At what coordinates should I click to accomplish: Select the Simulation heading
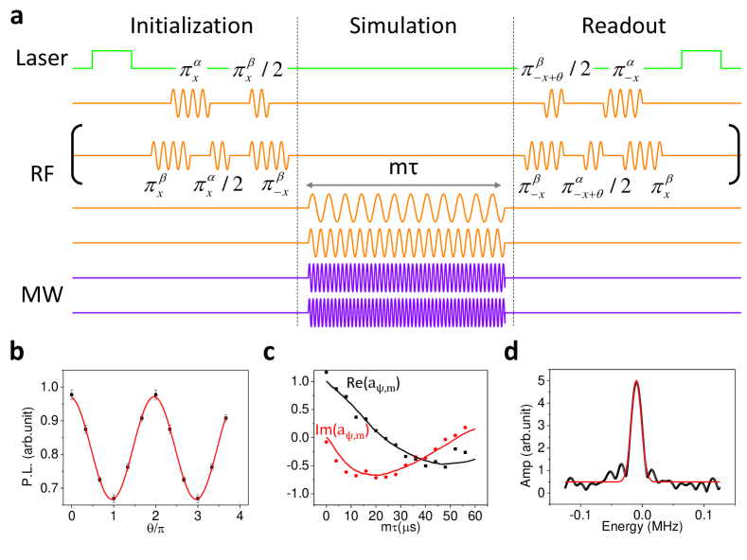[404, 25]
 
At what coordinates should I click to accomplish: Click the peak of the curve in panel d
[637, 382]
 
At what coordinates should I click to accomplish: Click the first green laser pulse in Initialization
[112, 60]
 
